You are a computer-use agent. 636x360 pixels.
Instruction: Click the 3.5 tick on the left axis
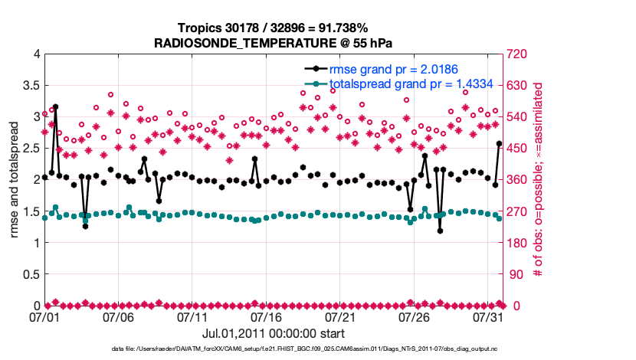30,85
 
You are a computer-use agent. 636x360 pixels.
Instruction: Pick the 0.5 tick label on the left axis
30,274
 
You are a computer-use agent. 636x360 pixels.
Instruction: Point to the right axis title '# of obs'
538,180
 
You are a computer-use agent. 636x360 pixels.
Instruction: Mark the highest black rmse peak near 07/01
55,106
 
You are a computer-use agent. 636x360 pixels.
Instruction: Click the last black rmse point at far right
499,143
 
